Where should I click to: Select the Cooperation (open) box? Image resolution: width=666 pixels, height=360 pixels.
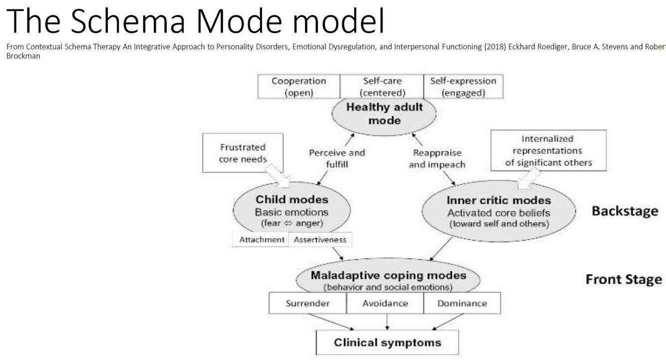[299, 86]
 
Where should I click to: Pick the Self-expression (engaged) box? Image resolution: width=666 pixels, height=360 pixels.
[463, 86]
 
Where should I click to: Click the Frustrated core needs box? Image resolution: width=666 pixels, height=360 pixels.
[243, 153]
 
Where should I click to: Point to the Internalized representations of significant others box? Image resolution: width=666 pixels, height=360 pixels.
[548, 150]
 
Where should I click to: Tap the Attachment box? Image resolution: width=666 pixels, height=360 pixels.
[262, 240]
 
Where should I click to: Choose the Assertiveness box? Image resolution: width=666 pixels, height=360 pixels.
[320, 240]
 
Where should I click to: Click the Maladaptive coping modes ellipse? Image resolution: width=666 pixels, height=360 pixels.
[388, 280]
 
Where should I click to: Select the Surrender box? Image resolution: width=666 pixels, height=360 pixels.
[308, 303]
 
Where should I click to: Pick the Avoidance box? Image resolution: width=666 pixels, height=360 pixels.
[385, 303]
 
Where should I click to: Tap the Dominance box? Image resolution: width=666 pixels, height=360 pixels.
[462, 303]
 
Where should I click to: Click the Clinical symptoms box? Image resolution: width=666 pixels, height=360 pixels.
[387, 343]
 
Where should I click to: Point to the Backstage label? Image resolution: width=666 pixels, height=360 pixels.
[625, 211]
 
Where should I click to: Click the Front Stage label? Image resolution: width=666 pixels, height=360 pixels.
[624, 279]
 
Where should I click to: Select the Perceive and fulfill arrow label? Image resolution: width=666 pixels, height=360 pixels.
[337, 158]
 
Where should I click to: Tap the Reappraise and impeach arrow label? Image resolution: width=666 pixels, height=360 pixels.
[437, 159]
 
